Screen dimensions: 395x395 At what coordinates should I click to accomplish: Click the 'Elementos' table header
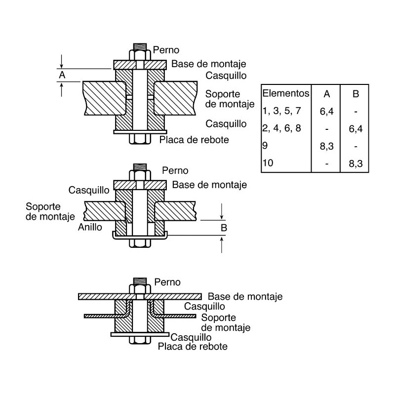286,93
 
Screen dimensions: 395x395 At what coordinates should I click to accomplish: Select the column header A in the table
327,94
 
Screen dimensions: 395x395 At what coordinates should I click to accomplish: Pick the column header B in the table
355,94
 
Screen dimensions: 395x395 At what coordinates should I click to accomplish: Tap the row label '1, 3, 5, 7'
281,111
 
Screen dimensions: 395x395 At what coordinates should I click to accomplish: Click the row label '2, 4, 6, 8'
281,128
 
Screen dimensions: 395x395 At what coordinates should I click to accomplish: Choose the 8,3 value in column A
327,146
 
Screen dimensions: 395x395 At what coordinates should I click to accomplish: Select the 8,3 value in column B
355,163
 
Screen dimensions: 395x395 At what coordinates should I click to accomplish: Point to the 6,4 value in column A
327,112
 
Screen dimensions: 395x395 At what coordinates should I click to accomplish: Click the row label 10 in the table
268,163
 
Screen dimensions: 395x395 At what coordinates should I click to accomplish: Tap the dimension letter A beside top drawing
62,75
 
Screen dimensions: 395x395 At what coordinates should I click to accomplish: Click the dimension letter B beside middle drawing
224,228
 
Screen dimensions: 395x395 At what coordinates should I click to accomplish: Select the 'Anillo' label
90,227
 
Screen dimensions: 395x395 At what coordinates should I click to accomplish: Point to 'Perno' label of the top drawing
166,50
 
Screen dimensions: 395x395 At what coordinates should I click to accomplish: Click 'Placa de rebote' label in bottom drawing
193,347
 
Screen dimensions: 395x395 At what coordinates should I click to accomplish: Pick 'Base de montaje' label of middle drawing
209,185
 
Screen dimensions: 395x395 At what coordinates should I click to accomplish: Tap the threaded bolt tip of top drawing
140,47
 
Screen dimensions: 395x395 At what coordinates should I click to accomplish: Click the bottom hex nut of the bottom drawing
140,340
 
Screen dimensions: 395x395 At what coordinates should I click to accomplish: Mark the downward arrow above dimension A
61,61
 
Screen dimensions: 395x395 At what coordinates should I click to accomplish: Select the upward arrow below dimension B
222,244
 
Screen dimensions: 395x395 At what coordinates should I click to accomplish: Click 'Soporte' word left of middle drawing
43,206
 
